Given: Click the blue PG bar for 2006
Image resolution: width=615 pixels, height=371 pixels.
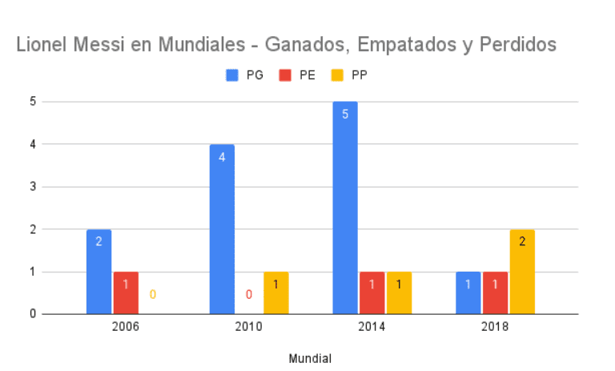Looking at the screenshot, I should pyautogui.click(x=98, y=272).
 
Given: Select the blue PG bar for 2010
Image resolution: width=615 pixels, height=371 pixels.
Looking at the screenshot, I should pyautogui.click(x=222, y=229).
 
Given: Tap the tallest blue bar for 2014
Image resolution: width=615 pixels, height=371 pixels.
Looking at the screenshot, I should pyautogui.click(x=345, y=208).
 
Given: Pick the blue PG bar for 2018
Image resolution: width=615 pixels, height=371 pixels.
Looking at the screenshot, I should pyautogui.click(x=468, y=293).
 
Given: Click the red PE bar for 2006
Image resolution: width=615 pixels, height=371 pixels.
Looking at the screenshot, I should pyautogui.click(x=126, y=293).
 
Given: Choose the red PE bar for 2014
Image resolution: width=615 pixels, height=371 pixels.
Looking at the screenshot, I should pyautogui.click(x=372, y=293).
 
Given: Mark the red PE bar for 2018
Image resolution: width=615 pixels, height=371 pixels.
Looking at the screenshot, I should pyautogui.click(x=496, y=293).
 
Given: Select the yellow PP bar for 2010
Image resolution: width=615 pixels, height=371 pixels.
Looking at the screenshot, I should pyautogui.click(x=276, y=293).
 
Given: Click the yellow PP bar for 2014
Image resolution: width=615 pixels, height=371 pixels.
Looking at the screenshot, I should pyautogui.click(x=400, y=293).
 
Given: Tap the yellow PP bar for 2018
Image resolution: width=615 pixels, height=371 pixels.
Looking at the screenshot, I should pyautogui.click(x=522, y=272).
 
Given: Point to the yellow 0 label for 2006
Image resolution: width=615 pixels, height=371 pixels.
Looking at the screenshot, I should pyautogui.click(x=153, y=295).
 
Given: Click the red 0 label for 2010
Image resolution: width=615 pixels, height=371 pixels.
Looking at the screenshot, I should pyautogui.click(x=249, y=295).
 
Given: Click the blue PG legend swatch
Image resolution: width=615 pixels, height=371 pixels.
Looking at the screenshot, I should pyautogui.click(x=233, y=75).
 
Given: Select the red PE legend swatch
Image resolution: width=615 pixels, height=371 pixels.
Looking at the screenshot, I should pyautogui.click(x=286, y=75).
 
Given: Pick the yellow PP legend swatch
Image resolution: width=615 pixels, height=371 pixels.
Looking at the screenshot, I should pyautogui.click(x=336, y=75).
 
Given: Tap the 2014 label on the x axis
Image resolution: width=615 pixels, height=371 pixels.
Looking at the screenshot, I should pyautogui.click(x=372, y=328).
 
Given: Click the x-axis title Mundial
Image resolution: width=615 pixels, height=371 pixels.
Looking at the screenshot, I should pyautogui.click(x=310, y=358).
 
